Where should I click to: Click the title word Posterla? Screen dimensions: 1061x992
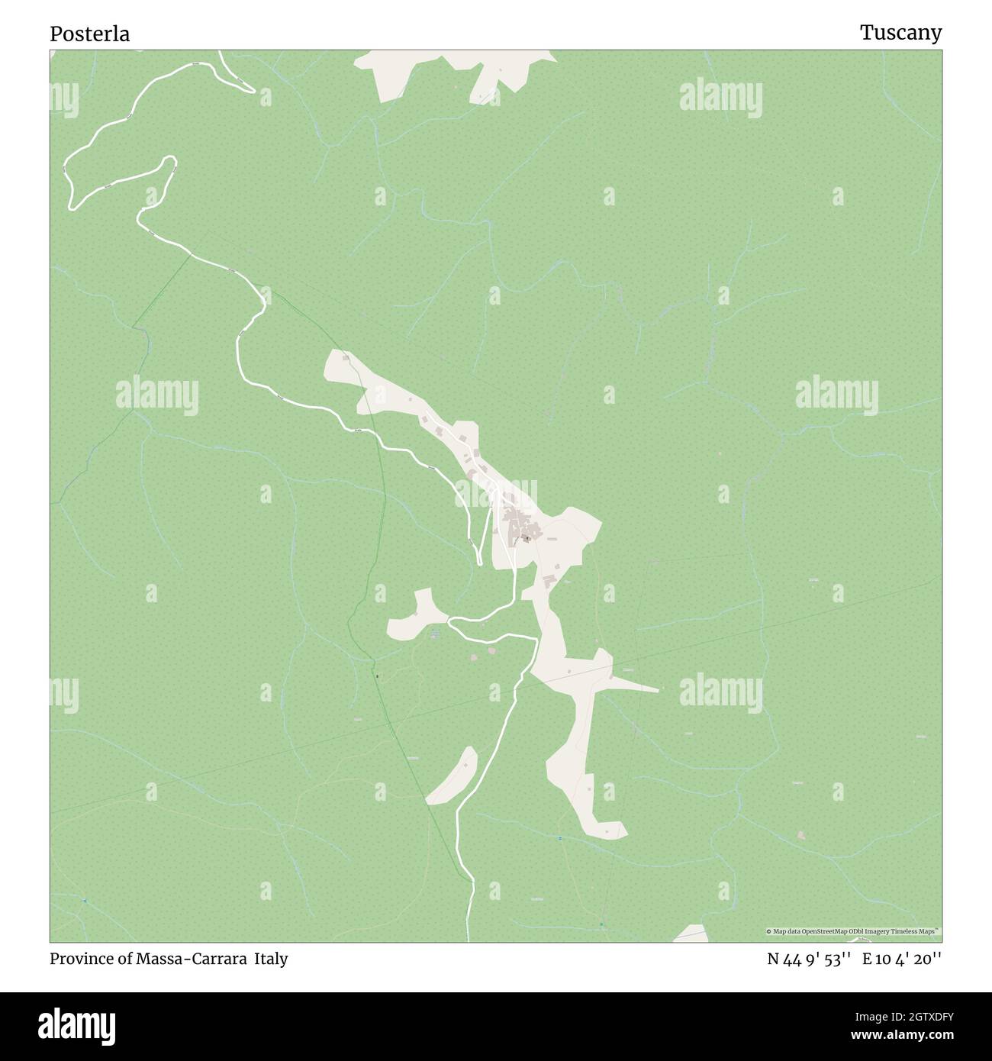pyautogui.click(x=90, y=34)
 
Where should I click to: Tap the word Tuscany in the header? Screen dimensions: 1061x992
pyautogui.click(x=900, y=32)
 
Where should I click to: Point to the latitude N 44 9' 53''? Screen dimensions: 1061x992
pyautogui.click(x=809, y=959)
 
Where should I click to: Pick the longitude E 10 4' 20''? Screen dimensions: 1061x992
pyautogui.click(x=902, y=959)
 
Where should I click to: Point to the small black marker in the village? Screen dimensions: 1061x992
pyautogui.click(x=527, y=537)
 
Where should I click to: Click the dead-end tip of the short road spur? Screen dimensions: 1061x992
pyautogui.click(x=479, y=563)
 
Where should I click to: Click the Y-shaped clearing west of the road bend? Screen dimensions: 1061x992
pyautogui.click(x=416, y=615)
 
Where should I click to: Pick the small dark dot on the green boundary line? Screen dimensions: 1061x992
pyautogui.click(x=375, y=675)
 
